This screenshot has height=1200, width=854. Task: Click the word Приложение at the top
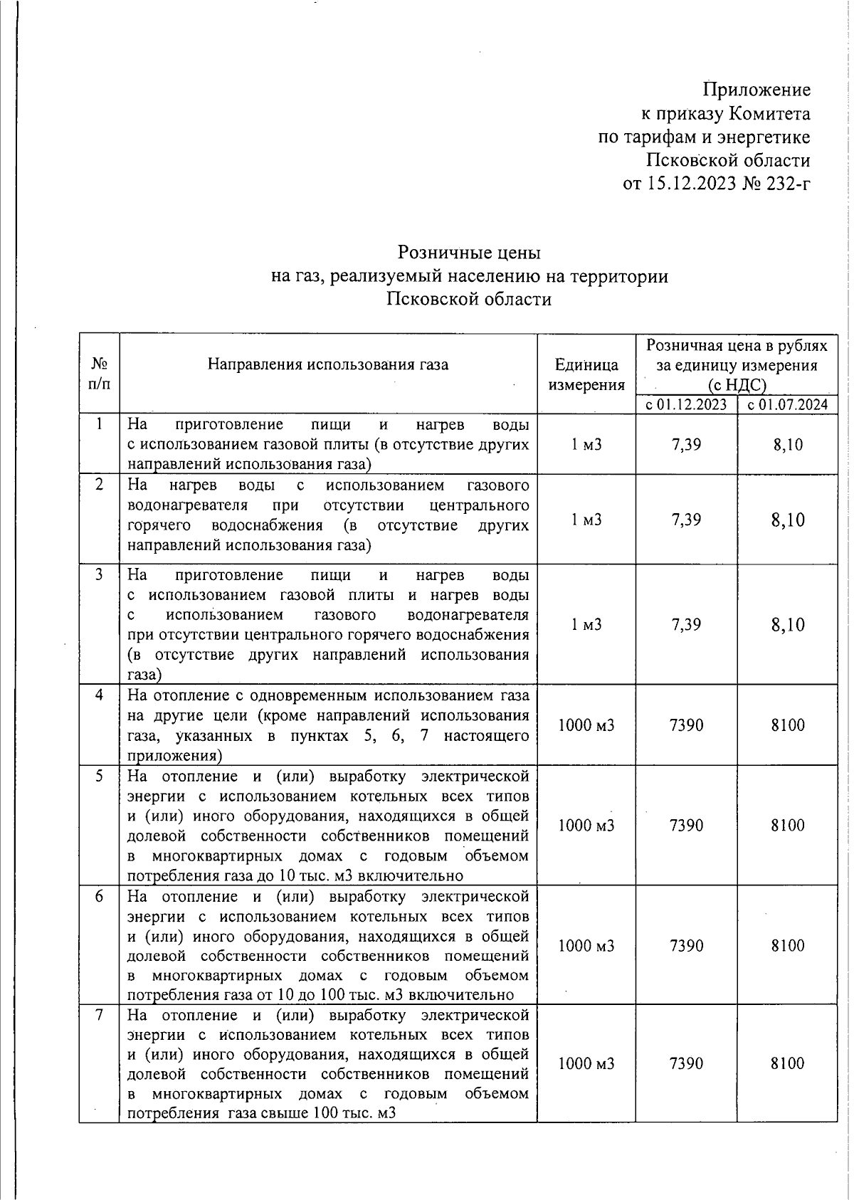click(757, 90)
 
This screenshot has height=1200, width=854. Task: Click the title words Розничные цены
click(469, 253)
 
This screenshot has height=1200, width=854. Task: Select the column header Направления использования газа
click(328, 365)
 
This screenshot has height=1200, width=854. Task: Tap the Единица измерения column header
click(586, 374)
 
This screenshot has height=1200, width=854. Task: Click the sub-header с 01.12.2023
click(686, 405)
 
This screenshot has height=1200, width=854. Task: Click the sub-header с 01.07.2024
click(787, 405)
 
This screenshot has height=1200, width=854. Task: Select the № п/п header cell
click(100, 373)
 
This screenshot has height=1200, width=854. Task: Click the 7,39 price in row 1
click(686, 445)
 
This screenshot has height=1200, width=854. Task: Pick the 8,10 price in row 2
click(787, 520)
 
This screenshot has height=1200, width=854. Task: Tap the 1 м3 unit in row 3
click(586, 624)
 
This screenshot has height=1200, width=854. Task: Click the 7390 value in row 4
click(686, 725)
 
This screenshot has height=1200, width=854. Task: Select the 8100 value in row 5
click(787, 826)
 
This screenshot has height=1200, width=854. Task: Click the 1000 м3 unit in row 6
click(586, 946)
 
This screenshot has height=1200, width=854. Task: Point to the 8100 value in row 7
click(787, 1063)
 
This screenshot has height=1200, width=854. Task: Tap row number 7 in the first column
click(100, 1015)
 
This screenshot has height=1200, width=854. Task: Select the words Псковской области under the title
click(469, 299)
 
